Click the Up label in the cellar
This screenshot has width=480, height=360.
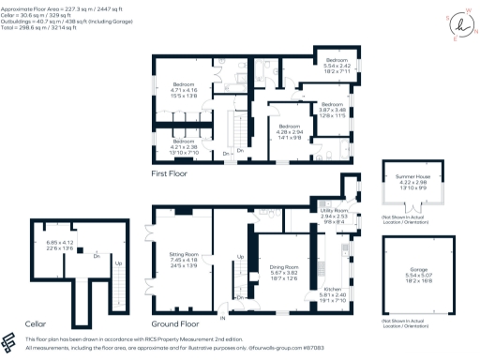pyautogui.click(x=117, y=263)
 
